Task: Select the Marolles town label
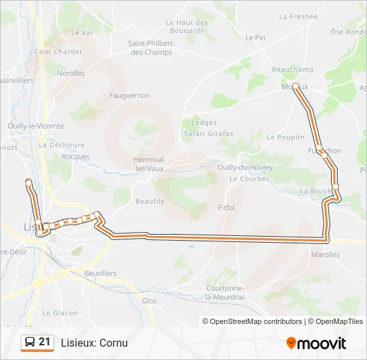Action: coord(325,255)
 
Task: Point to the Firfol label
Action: coord(226,208)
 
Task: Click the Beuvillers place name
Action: coord(101,273)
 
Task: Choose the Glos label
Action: coord(149,301)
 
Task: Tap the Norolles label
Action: coord(71,73)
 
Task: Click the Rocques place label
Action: coord(75,157)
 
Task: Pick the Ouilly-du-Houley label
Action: coord(244,168)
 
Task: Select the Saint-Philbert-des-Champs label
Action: coord(151,48)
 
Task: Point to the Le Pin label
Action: coord(256,38)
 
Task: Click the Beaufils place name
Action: coord(149,201)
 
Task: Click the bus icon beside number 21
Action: coord(30,343)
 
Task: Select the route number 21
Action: coord(45,342)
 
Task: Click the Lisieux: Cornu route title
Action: coord(94,343)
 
